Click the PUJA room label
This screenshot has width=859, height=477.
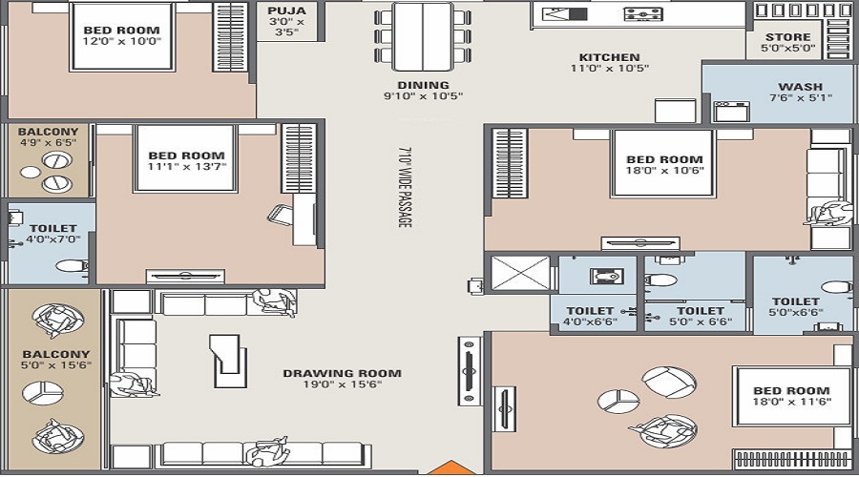(x=286, y=10)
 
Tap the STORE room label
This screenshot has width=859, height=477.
(x=787, y=36)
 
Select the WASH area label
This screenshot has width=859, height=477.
(x=801, y=87)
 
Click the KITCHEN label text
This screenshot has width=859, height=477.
(x=609, y=57)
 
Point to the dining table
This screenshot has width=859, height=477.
(x=423, y=36)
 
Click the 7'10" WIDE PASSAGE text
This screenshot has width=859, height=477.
(x=405, y=187)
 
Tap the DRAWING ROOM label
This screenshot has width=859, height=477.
(x=342, y=374)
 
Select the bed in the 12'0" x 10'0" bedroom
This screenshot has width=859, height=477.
(x=121, y=36)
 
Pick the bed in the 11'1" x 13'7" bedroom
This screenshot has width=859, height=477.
(x=186, y=158)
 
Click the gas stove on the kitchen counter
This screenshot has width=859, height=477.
(x=643, y=13)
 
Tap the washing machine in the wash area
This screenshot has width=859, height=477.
(x=731, y=112)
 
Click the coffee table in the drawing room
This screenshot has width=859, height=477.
(x=228, y=360)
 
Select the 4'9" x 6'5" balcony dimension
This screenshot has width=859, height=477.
(x=49, y=143)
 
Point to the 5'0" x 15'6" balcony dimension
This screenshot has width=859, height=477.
(x=56, y=365)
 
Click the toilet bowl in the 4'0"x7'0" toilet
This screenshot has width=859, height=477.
(x=72, y=267)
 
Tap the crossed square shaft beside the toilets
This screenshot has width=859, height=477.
(x=520, y=273)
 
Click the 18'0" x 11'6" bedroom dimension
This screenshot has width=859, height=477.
(x=791, y=402)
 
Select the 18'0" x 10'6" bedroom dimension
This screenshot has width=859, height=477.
(x=664, y=171)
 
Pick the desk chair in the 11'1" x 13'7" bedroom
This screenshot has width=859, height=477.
(x=281, y=215)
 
